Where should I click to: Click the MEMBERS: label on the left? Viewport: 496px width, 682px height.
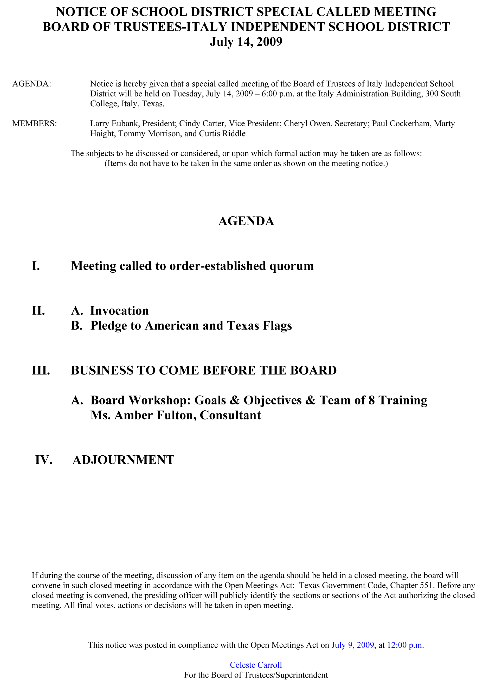click(x=34, y=124)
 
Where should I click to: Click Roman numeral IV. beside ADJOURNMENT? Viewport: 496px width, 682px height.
click(x=44, y=460)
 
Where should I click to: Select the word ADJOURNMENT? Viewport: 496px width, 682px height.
click(x=123, y=460)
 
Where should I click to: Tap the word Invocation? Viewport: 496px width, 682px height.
click(x=119, y=311)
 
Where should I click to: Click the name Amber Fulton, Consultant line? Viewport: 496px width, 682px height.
click(x=176, y=415)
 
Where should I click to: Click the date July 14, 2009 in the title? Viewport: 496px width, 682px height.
click(x=246, y=42)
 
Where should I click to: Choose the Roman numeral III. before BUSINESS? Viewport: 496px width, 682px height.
click(x=41, y=370)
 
